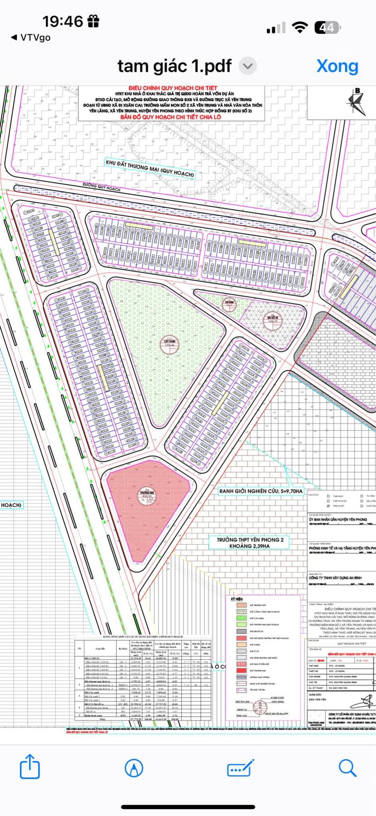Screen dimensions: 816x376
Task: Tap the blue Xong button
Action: (x=337, y=66)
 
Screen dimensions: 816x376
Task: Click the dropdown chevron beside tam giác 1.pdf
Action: (x=248, y=66)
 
